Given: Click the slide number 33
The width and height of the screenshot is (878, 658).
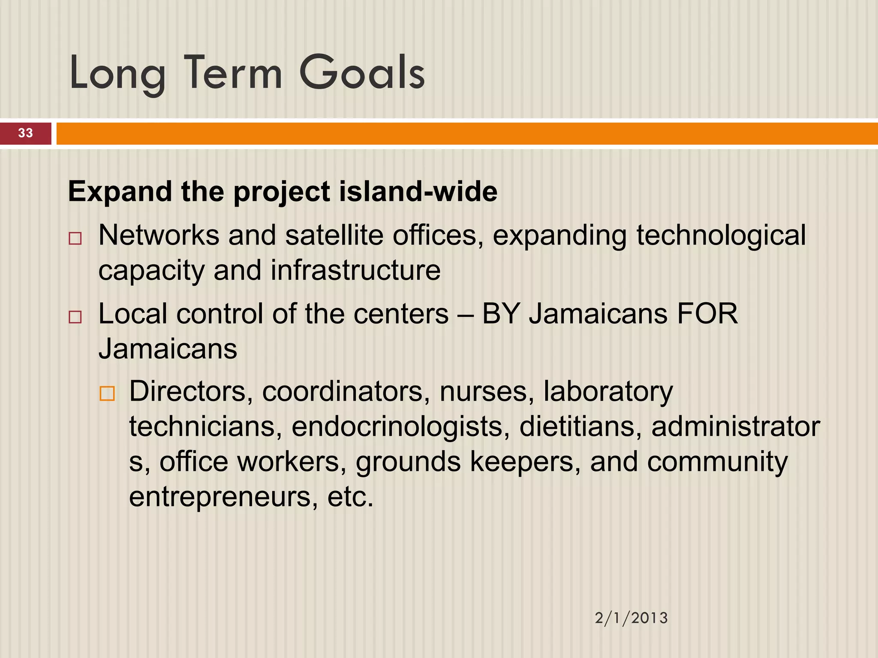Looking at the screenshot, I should pyautogui.click(x=25, y=133).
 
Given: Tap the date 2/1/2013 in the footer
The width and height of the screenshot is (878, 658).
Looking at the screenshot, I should pyautogui.click(x=631, y=618).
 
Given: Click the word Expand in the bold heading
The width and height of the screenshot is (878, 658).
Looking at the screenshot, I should pyautogui.click(x=120, y=192).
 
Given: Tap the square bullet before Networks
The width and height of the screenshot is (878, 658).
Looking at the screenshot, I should pyautogui.click(x=75, y=238).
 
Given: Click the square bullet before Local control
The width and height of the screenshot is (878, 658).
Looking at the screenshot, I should pyautogui.click(x=75, y=317).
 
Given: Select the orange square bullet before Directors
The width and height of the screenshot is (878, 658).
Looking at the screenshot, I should pyautogui.click(x=107, y=393).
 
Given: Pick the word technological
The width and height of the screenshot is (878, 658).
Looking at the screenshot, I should pyautogui.click(x=721, y=236).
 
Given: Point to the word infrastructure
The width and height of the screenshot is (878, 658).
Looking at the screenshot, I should pyautogui.click(x=355, y=271).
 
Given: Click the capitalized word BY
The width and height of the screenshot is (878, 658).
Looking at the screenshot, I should pyautogui.click(x=501, y=314).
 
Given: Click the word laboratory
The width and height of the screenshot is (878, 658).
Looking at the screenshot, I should pyautogui.click(x=608, y=392).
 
